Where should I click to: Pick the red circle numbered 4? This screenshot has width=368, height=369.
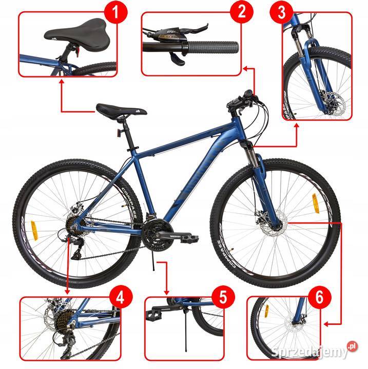click(x=122, y=297)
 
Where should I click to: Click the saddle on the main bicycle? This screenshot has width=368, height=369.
click(x=121, y=110)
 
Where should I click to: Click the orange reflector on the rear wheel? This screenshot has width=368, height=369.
click(x=35, y=231)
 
